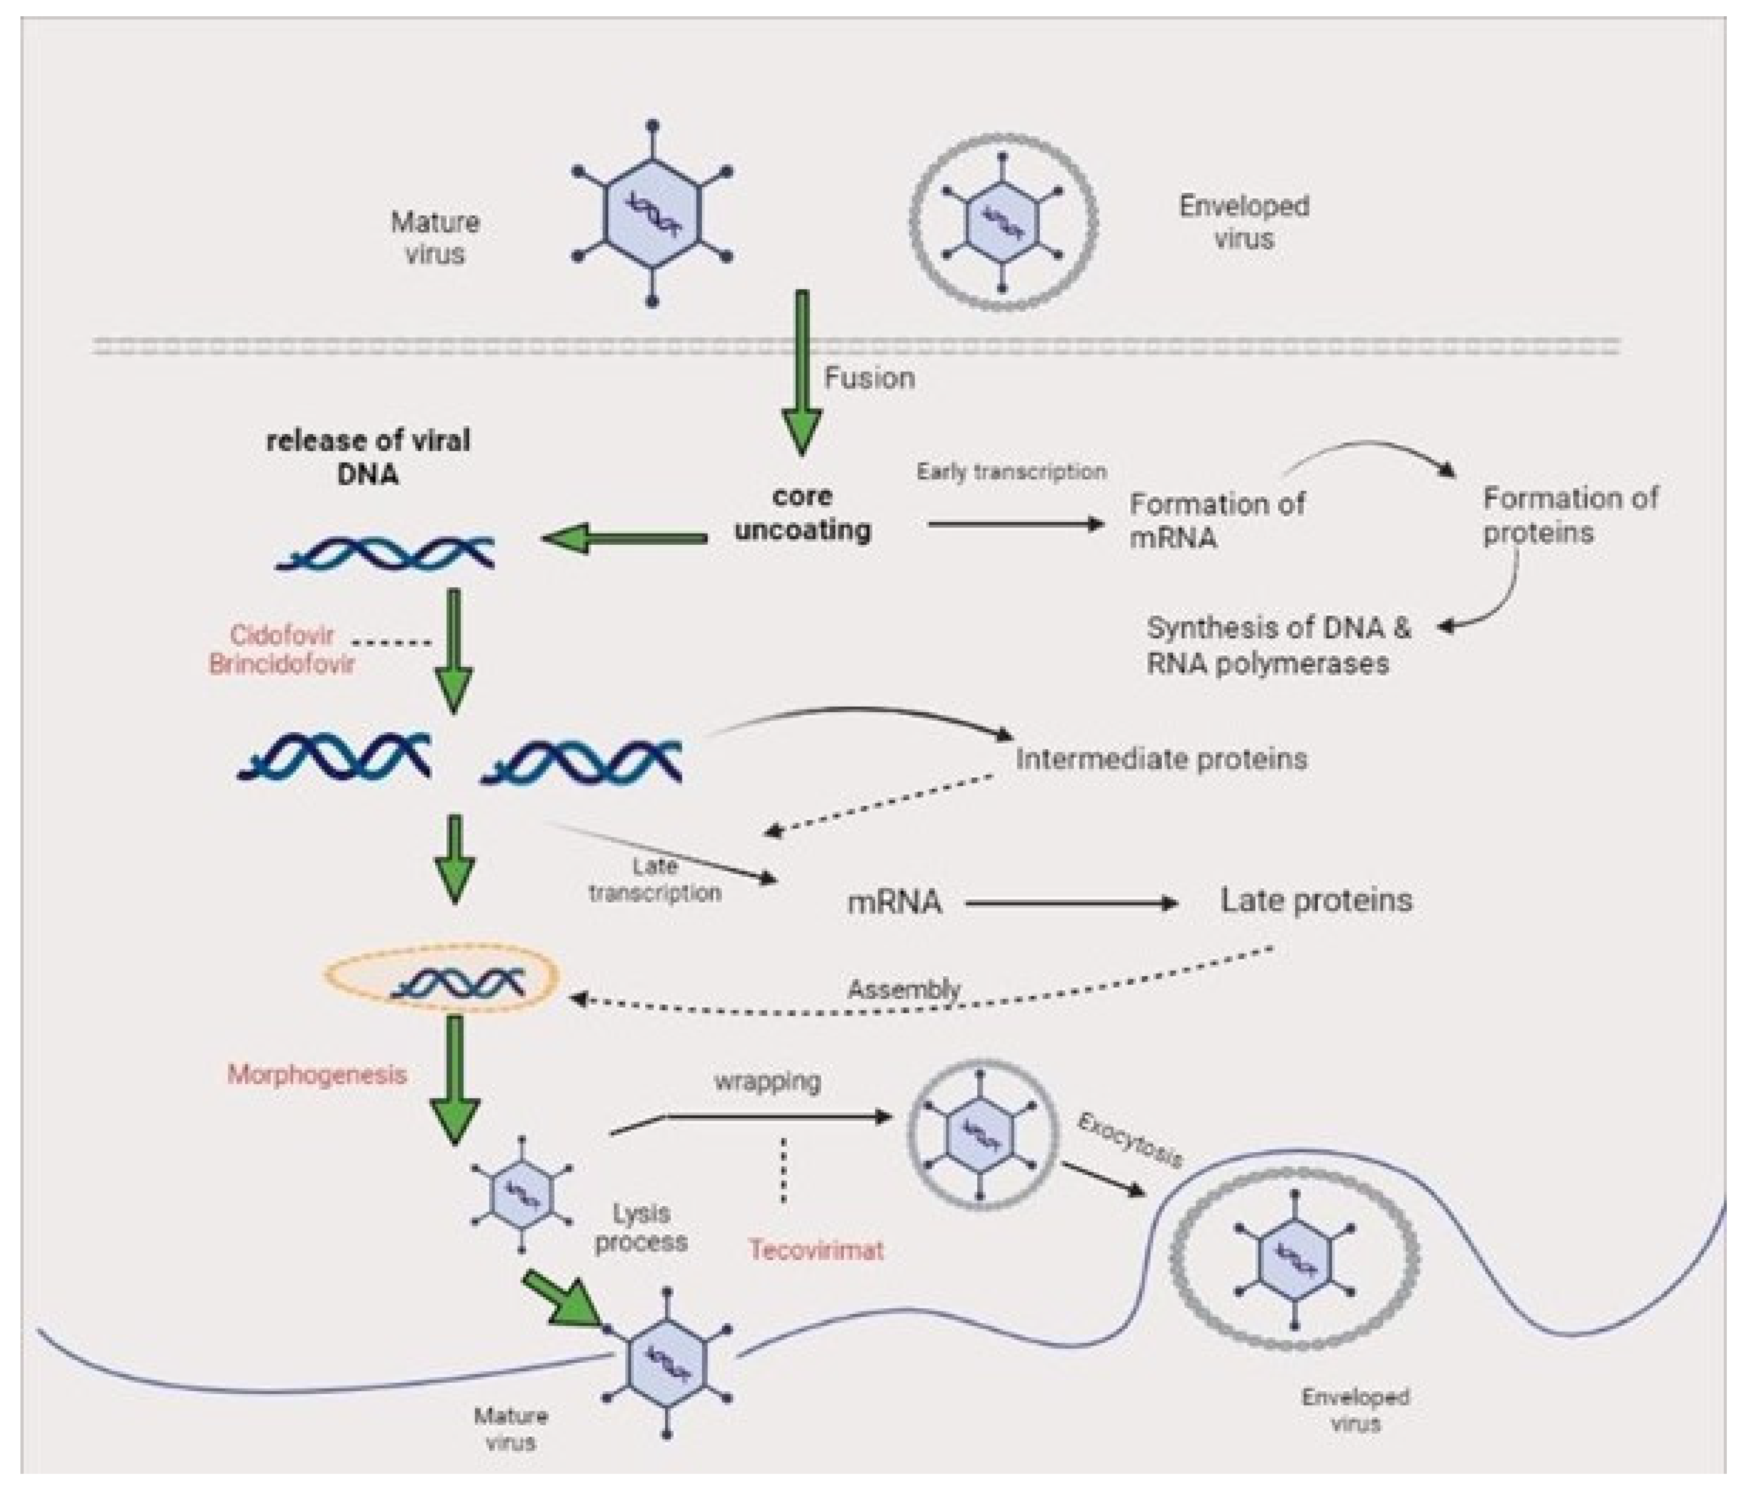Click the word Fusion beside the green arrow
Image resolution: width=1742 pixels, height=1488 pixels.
tap(869, 378)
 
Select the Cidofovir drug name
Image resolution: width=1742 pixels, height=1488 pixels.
tap(282, 635)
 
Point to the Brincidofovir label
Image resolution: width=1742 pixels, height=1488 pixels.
tap(282, 664)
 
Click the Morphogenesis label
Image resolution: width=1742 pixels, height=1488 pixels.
tap(317, 1074)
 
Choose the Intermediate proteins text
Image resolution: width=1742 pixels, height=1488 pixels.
tap(1161, 759)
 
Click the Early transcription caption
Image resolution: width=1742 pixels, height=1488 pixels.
tap(1011, 471)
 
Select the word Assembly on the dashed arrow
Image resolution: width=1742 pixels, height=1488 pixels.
tap(904, 989)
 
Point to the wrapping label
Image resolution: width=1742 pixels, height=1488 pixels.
tap(768, 1081)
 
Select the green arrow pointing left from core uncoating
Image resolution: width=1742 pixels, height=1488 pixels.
tap(625, 538)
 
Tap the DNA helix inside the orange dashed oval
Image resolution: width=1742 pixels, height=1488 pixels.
tap(457, 983)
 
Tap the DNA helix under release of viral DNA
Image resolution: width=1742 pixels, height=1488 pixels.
tap(385, 553)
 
